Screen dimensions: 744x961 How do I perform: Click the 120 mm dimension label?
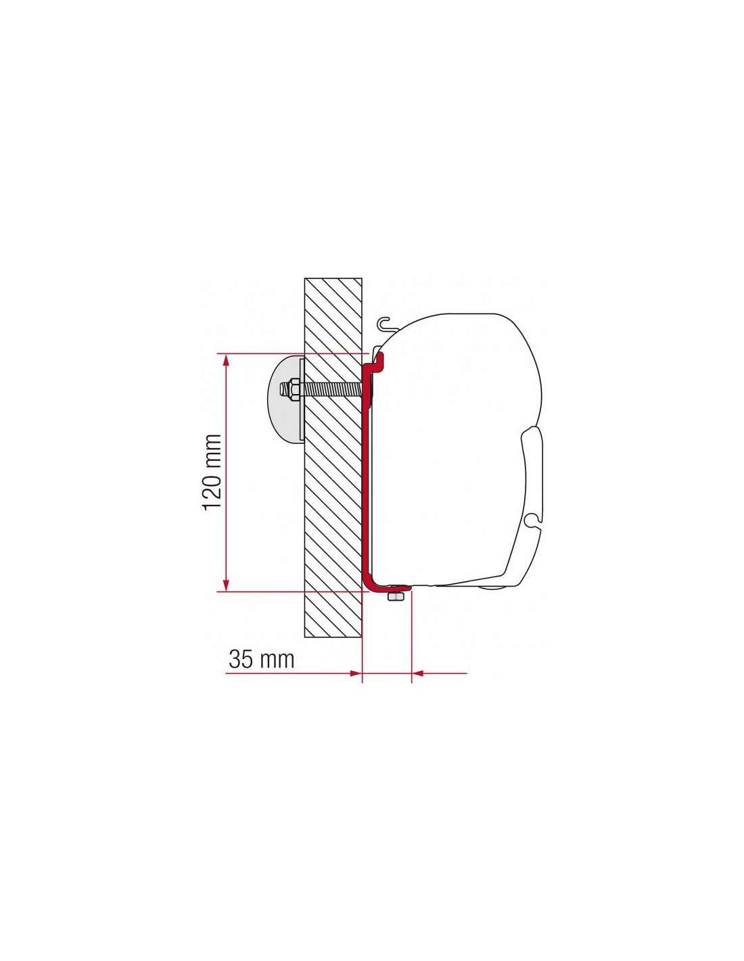[212, 472]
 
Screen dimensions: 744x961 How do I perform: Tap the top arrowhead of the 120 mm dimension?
[226, 363]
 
